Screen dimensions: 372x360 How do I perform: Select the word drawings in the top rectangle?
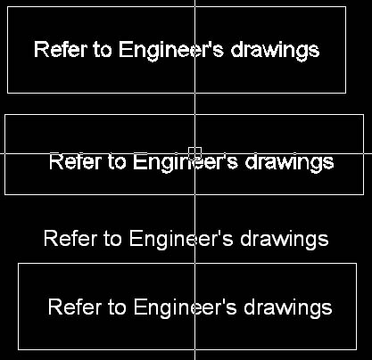[275, 52]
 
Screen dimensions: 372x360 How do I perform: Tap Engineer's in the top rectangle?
[171, 52]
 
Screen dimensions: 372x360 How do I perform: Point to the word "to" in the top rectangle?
[103, 50]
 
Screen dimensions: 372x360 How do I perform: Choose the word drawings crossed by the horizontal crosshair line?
[289, 163]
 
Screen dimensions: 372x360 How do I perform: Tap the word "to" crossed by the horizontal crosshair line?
[117, 162]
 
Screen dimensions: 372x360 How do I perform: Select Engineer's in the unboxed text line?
[181, 241]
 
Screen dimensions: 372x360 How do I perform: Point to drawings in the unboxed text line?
[285, 241]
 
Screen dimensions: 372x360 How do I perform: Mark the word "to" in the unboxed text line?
[112, 239]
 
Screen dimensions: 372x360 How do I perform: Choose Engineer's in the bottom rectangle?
[185, 309]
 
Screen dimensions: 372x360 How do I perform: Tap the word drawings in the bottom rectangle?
[288, 309]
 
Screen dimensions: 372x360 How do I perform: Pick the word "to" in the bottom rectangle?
[117, 307]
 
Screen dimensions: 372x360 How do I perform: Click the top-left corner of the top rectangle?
[7, 6]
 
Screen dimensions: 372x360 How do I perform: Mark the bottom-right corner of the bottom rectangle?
[357, 349]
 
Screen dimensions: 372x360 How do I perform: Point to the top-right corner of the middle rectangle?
[364, 114]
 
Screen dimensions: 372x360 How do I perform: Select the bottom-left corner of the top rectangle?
[7, 93]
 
